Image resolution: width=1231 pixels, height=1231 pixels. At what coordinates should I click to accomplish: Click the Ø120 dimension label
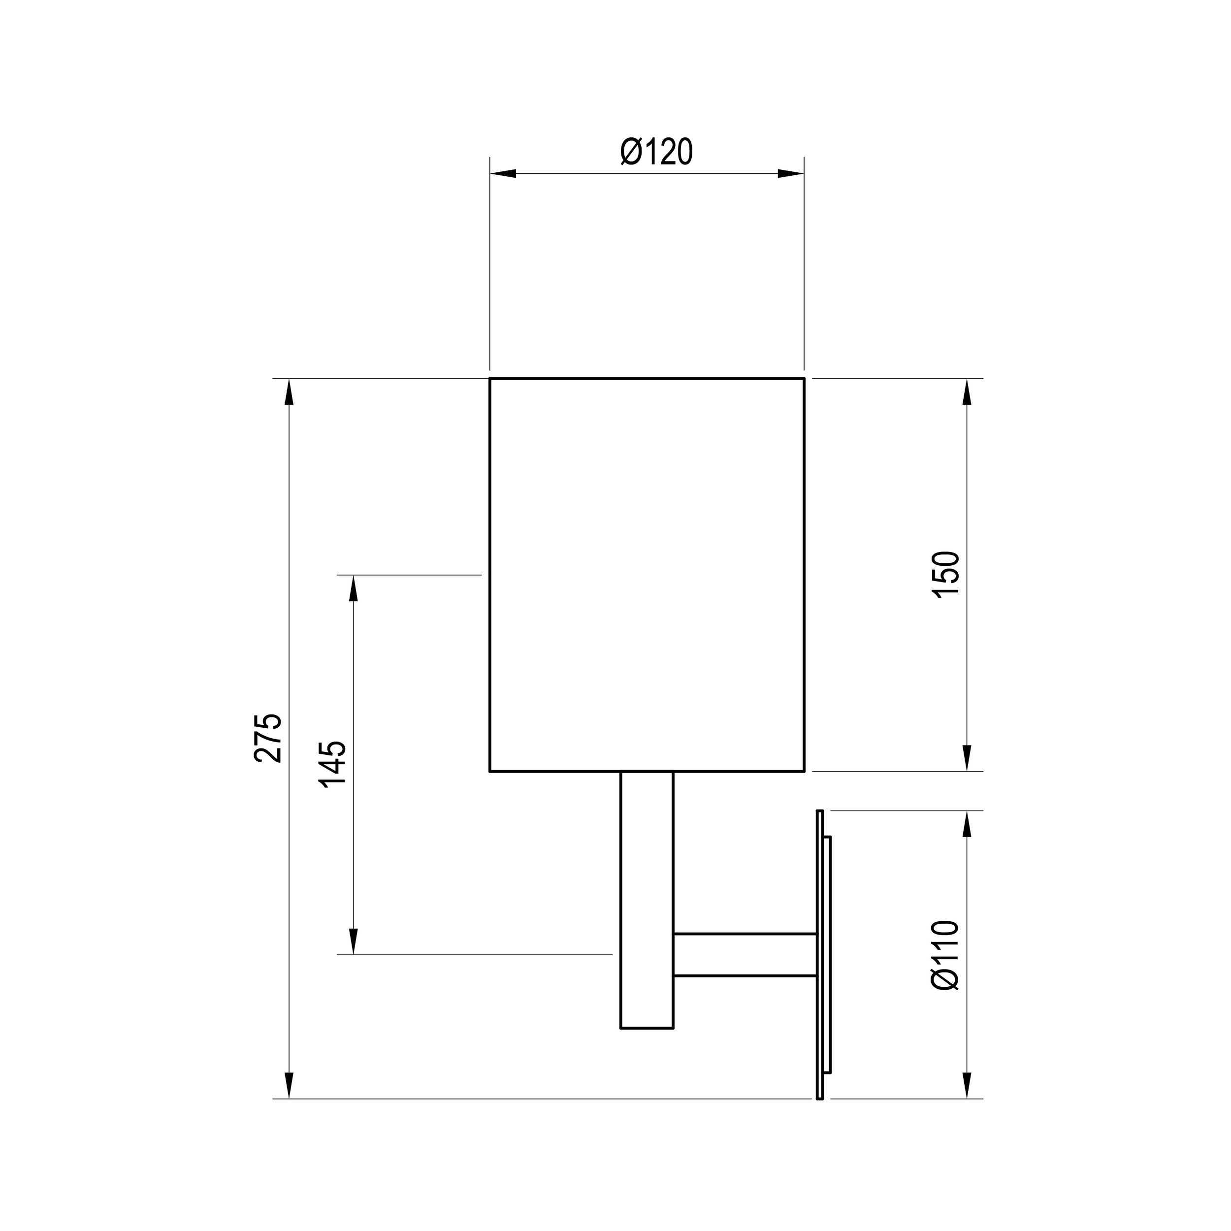[x=656, y=152]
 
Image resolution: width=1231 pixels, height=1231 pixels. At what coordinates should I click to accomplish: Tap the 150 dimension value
[x=945, y=574]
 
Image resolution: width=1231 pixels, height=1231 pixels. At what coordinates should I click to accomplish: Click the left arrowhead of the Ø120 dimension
[x=503, y=173]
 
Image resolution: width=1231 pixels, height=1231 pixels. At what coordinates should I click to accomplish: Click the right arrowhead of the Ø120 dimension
[x=791, y=173]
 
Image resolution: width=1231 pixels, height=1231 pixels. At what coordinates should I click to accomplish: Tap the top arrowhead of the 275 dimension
[x=289, y=392]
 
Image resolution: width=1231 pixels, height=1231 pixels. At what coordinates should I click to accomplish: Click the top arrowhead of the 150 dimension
[x=967, y=392]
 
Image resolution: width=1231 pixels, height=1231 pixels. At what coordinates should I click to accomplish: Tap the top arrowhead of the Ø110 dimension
[x=967, y=824]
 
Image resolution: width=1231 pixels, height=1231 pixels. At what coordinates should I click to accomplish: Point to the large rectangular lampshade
[x=647, y=574]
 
